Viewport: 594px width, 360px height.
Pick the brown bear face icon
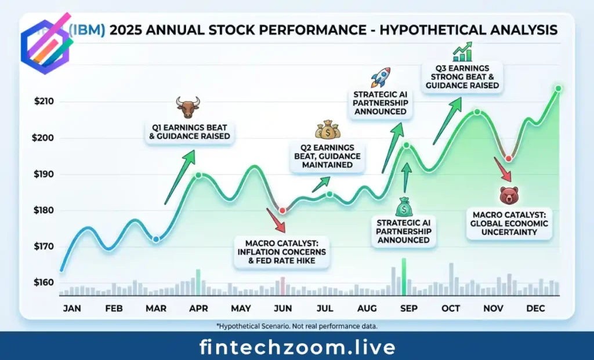pos(508,195)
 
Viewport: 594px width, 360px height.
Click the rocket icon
pos(381,77)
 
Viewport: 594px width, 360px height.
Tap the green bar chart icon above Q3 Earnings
pos(462,52)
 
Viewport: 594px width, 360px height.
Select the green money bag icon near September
pos(404,206)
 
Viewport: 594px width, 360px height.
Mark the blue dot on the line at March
pos(155,239)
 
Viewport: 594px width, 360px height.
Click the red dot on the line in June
pos(282,210)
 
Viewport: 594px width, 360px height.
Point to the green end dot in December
pos(558,89)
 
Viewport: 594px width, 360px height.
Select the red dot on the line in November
pos(508,159)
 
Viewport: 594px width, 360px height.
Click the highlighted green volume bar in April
pos(198,282)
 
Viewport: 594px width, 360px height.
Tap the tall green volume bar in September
pos(404,277)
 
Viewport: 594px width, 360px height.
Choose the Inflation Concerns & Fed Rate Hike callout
pos(282,252)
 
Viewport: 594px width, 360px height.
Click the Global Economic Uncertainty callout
pos(508,224)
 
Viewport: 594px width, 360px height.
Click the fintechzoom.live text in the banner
pos(297,347)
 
